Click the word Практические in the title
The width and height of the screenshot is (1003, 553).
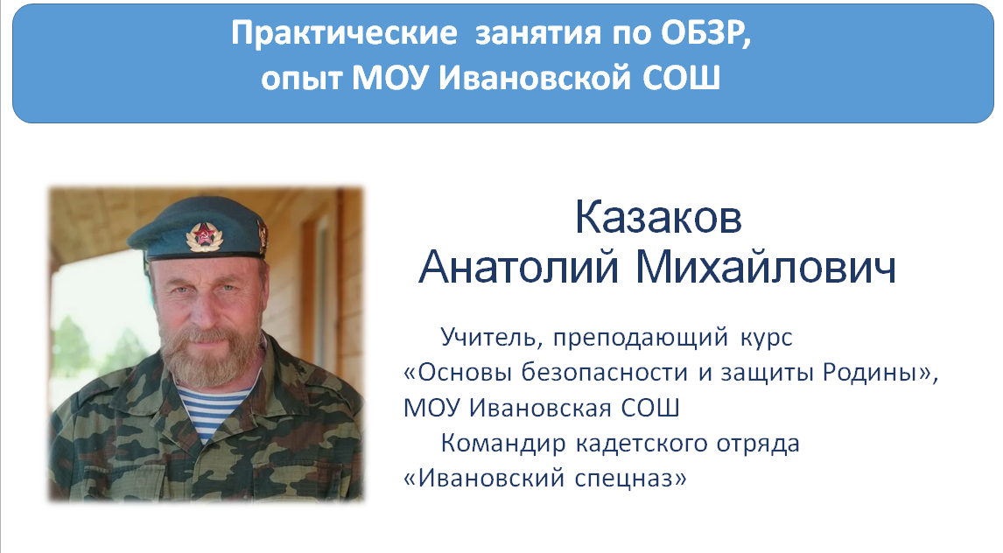pos(344,33)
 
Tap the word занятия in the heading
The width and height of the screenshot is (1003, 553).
pos(538,34)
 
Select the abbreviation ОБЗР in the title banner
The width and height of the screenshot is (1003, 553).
pos(707,33)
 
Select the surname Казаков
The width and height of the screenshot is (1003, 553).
pos(658,217)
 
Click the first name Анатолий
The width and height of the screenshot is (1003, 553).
pos(519,267)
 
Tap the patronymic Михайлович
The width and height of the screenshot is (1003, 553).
pos(767,267)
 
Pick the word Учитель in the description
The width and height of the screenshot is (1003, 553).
pos(492,338)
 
